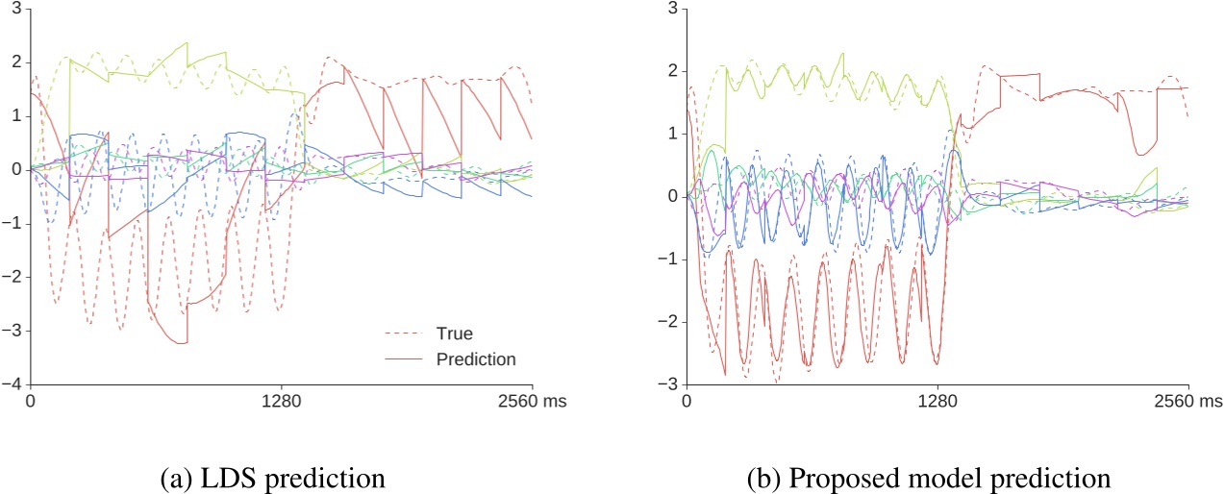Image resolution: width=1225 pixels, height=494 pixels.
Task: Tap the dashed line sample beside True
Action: coord(405,333)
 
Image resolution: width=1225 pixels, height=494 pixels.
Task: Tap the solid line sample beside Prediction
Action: coord(405,359)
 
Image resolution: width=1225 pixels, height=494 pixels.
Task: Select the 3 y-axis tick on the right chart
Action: coord(673,9)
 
